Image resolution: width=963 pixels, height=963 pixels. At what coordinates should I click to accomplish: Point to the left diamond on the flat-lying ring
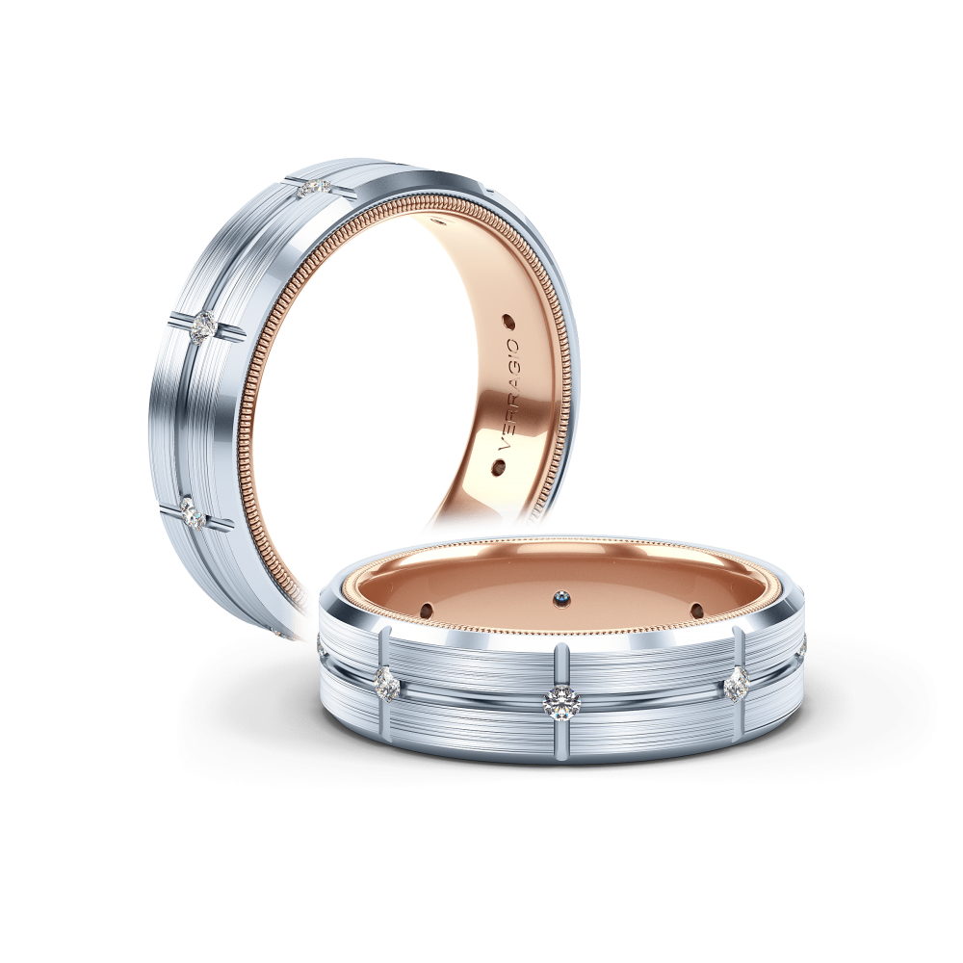coord(386,685)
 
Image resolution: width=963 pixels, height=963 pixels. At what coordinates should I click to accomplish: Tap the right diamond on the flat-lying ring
coord(737,684)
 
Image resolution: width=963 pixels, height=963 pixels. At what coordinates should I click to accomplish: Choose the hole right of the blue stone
coord(695,609)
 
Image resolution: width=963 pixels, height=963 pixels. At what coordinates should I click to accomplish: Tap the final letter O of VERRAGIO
coord(513,343)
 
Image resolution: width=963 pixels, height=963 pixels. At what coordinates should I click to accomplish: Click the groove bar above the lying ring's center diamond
coord(560,664)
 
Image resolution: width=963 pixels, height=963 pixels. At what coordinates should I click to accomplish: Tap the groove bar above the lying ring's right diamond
coord(739,650)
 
